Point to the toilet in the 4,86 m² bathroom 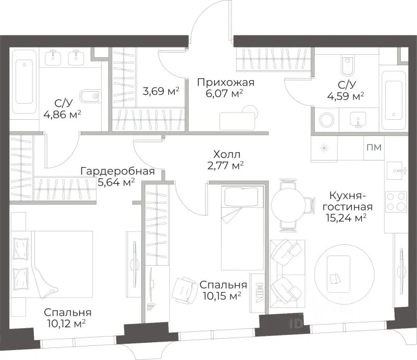pyautogui.click(x=92, y=95)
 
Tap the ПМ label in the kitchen pyautogui.click(x=374, y=147)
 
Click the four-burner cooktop pyautogui.click(x=396, y=201)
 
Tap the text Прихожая pyautogui.click(x=225, y=82)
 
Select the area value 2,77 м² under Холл pyautogui.click(x=225, y=165)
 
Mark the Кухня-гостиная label pyautogui.click(x=348, y=201)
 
